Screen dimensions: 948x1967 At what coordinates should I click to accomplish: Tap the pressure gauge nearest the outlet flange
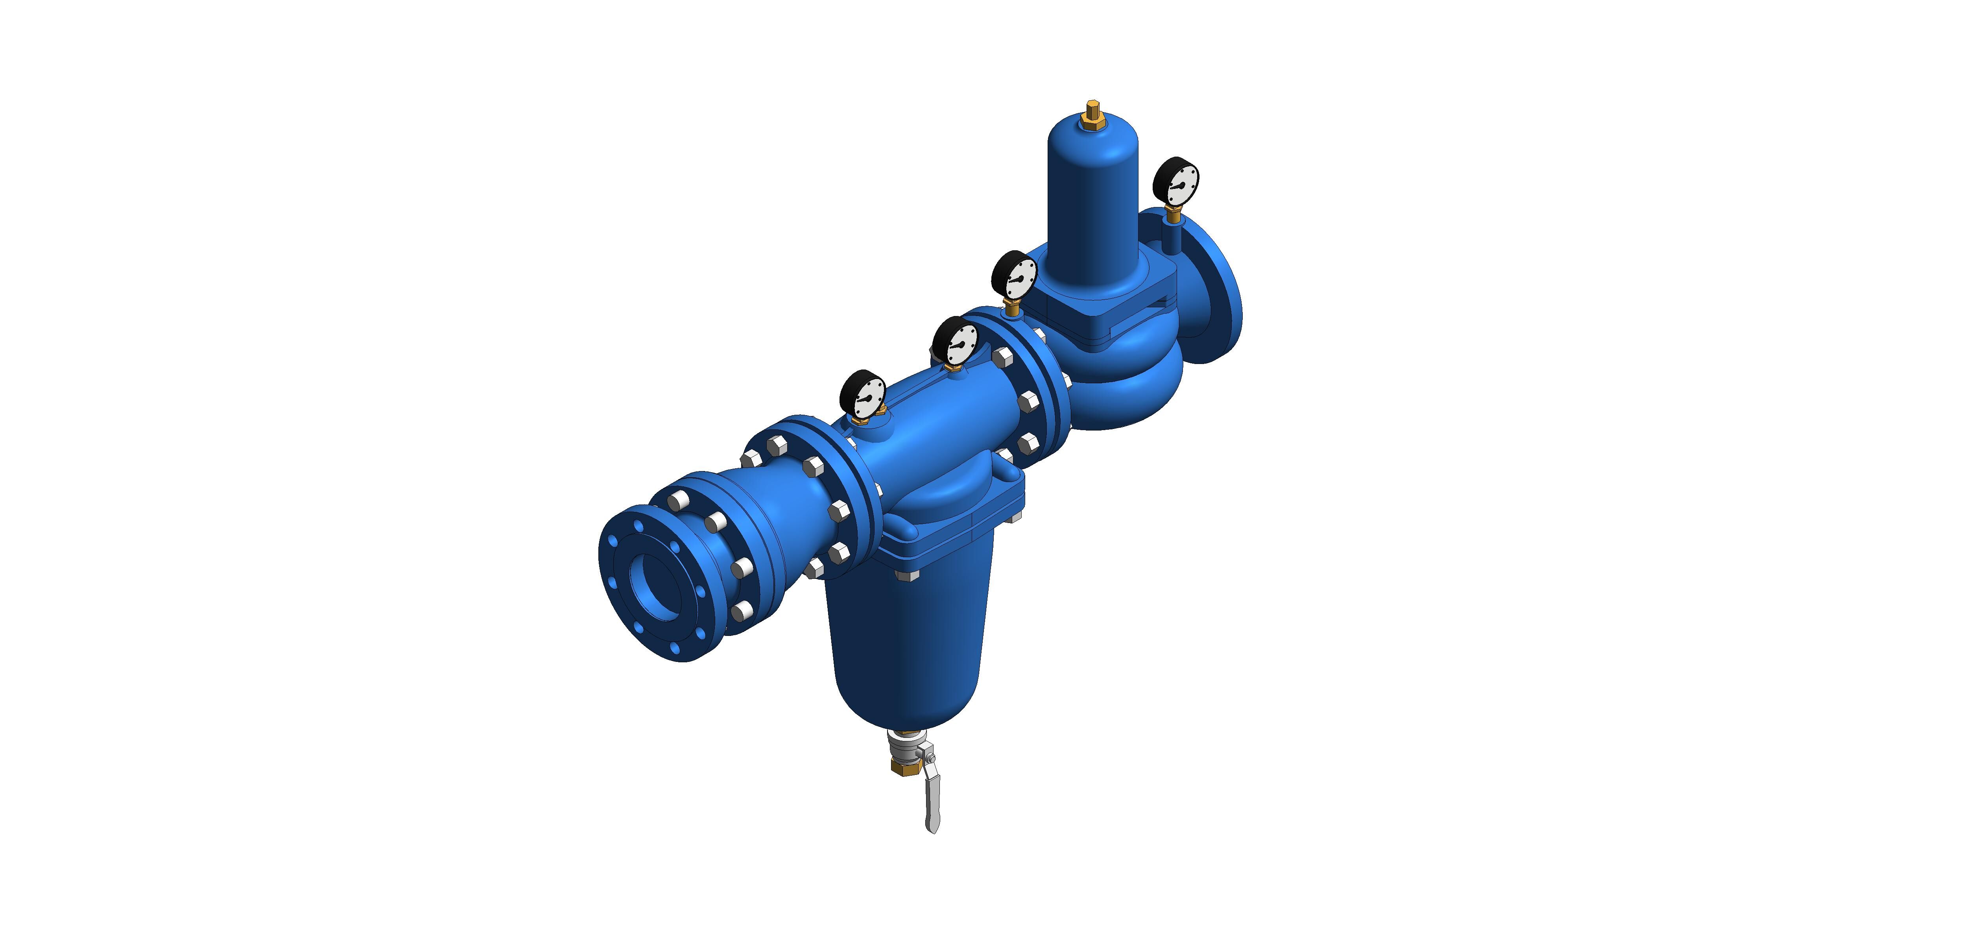tap(1176, 182)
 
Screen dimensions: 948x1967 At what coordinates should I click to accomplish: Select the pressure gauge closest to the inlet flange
tap(863, 395)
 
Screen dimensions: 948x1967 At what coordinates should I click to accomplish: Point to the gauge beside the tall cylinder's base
tap(1014, 277)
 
